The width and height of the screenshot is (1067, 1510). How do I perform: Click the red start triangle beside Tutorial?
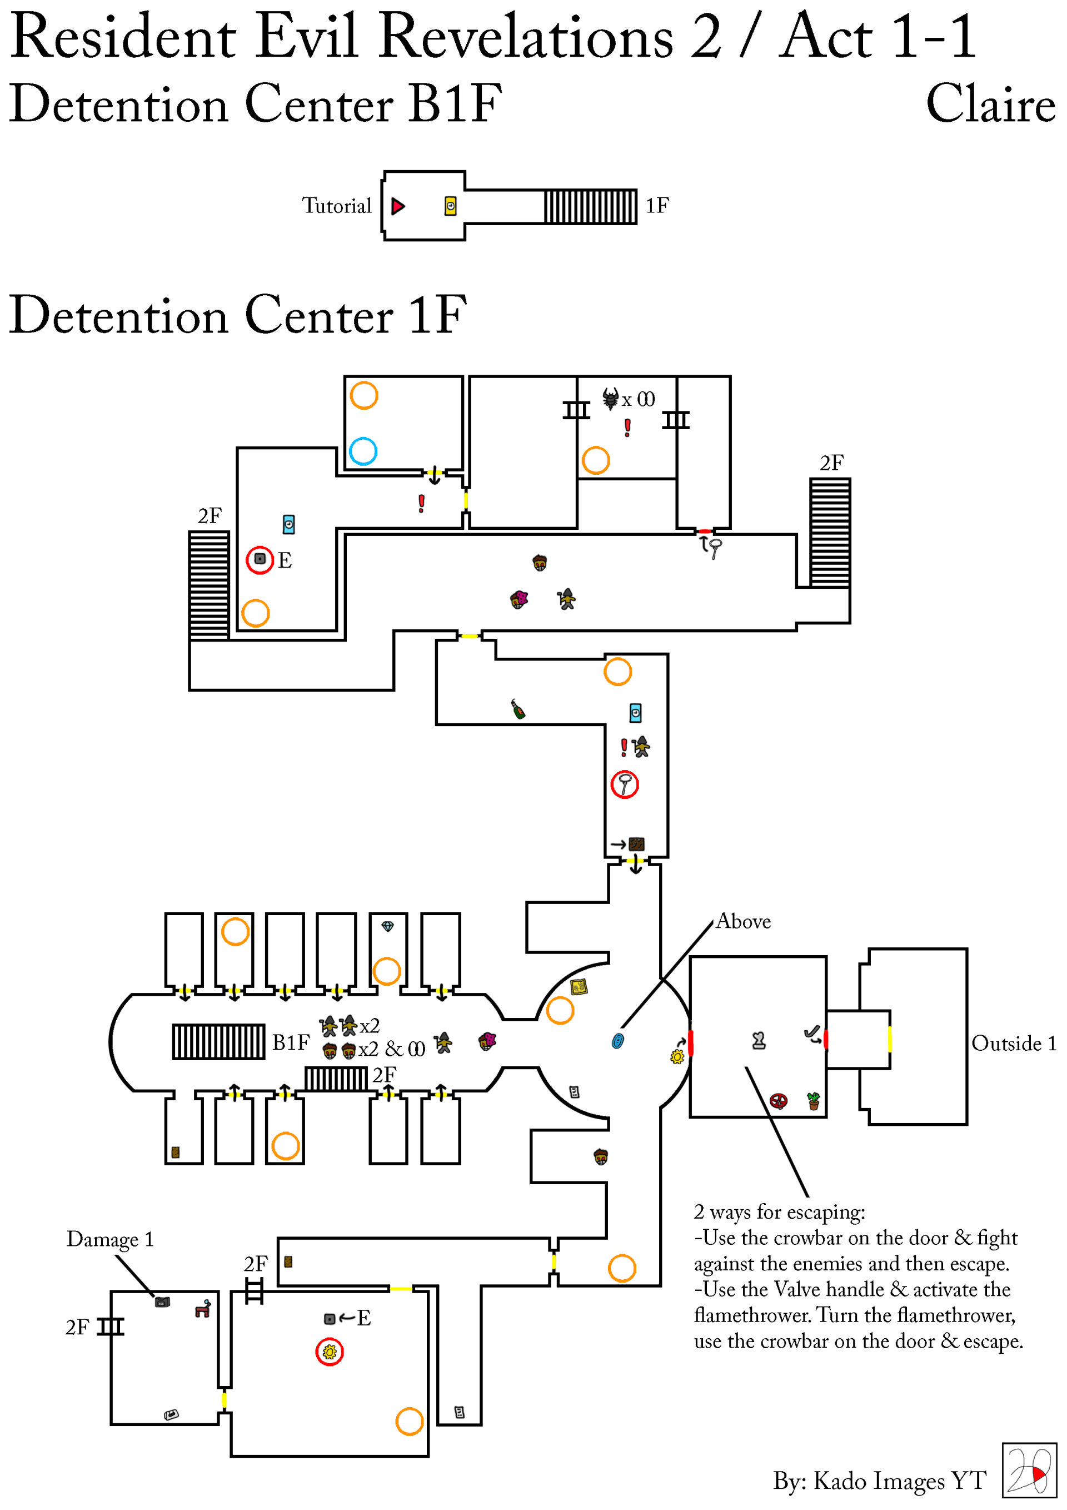pos(398,206)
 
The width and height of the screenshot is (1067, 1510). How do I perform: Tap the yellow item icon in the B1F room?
pos(450,206)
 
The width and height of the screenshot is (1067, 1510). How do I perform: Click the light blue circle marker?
pos(363,451)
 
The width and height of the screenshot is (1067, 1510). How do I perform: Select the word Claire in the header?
pos(990,104)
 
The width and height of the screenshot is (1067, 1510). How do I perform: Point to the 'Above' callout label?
pos(744,921)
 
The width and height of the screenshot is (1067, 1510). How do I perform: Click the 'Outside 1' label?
pos(1014,1043)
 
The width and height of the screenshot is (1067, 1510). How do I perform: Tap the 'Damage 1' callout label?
pos(110,1240)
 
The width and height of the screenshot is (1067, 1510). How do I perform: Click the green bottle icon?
pos(518,709)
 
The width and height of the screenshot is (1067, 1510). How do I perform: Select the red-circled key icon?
pos(625,784)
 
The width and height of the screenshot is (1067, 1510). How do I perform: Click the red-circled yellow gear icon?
pos(330,1352)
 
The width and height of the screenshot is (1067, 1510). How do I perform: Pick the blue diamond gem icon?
pos(387,927)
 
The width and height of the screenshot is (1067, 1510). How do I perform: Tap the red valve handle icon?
pos(779,1100)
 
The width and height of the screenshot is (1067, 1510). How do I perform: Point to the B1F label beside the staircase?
pos(291,1043)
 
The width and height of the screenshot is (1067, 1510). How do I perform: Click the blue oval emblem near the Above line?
pos(617,1040)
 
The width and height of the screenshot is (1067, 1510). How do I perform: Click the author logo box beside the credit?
pos(1029,1470)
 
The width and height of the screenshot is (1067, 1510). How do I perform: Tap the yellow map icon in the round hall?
pos(579,986)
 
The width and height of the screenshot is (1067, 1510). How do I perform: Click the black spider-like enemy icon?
pos(610,398)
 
